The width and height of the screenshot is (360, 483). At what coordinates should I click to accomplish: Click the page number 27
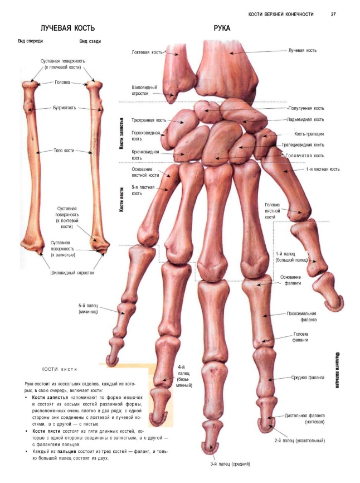tap(333, 14)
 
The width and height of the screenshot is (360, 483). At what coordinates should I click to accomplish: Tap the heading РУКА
tap(222, 28)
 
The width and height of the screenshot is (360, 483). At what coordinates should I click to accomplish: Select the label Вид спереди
tap(31, 41)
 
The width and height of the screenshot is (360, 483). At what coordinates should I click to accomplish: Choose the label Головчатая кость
tap(304, 156)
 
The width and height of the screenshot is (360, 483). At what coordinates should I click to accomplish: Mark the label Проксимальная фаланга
tap(302, 317)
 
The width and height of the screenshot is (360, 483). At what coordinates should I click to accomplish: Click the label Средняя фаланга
tap(308, 377)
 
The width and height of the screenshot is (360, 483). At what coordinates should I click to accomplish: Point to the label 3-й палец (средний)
tap(230, 463)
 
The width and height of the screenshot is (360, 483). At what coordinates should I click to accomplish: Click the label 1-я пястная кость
tap(323, 169)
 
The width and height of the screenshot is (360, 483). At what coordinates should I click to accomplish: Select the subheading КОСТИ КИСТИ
tap(60, 369)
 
